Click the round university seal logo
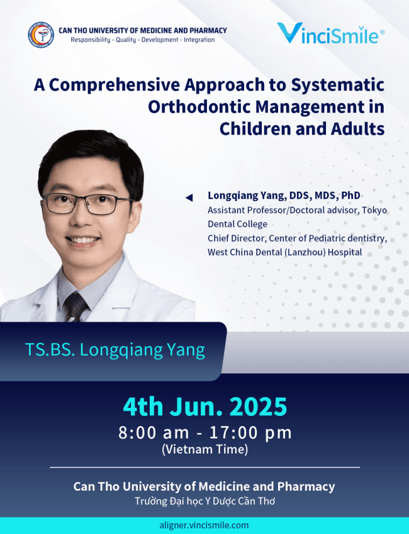(x=41, y=35)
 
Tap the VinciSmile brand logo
(x=330, y=33)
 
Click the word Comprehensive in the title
(x=115, y=85)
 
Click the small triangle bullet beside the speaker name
(x=189, y=197)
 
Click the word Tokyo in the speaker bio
(x=374, y=210)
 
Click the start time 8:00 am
(x=154, y=433)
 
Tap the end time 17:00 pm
(x=250, y=433)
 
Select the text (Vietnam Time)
(x=204, y=450)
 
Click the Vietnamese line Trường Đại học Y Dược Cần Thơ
(x=204, y=501)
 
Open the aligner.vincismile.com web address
(x=204, y=525)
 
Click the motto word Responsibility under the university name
(x=91, y=40)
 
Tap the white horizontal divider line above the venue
(x=204, y=467)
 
